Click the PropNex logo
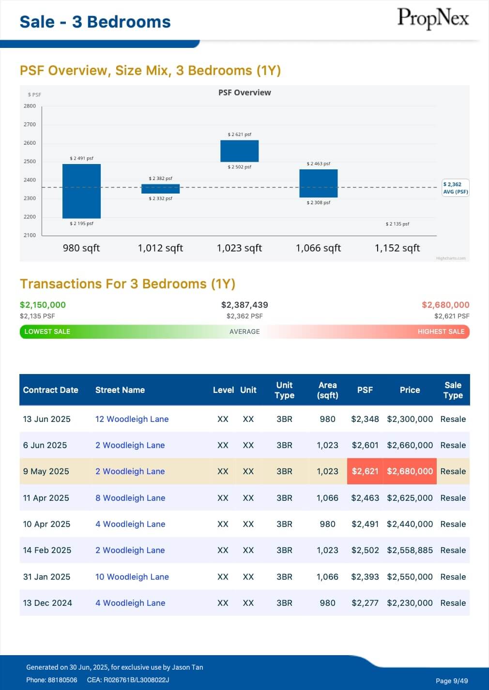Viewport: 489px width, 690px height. (433, 19)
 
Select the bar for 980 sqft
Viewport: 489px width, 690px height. (81, 191)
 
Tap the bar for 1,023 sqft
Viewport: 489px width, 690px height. (239, 151)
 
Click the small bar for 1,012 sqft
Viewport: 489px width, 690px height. (160, 189)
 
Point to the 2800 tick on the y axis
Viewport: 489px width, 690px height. (30, 106)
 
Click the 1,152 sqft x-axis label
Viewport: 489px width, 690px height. (397, 248)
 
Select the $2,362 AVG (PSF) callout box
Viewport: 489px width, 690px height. (455, 188)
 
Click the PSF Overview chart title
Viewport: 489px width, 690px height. (244, 92)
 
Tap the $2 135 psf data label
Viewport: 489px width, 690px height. (397, 224)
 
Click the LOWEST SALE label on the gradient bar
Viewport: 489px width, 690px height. (47, 331)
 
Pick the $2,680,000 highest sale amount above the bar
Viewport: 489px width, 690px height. (445, 305)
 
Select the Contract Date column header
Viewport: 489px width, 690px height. (50, 390)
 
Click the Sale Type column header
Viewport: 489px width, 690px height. (453, 390)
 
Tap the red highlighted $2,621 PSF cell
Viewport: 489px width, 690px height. (365, 471)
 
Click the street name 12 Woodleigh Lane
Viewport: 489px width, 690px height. (132, 419)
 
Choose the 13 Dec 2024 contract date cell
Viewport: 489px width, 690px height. (47, 603)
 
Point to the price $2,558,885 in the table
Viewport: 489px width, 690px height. (410, 550)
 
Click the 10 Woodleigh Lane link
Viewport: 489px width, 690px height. (132, 577)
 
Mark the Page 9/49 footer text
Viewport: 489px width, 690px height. (451, 681)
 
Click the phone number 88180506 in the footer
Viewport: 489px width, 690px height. (62, 680)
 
